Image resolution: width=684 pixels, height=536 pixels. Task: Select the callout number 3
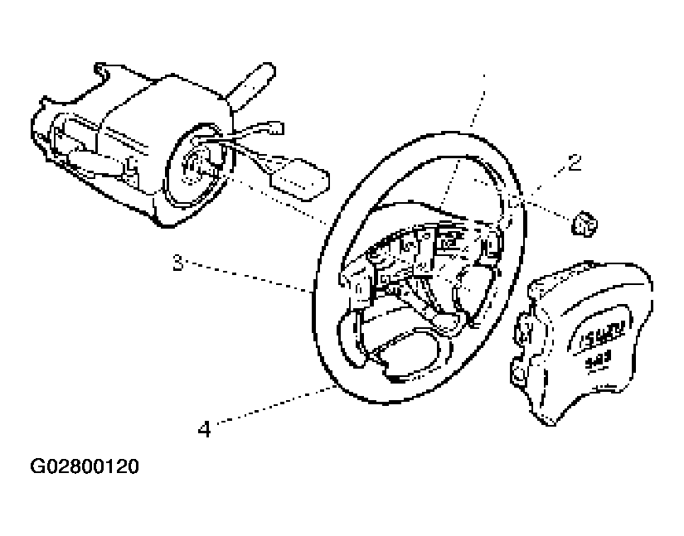[177, 263]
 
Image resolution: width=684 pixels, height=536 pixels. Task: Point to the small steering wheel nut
[584, 221]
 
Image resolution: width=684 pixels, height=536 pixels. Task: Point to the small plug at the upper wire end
[274, 128]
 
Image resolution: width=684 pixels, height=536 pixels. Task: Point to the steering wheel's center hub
[415, 257]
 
